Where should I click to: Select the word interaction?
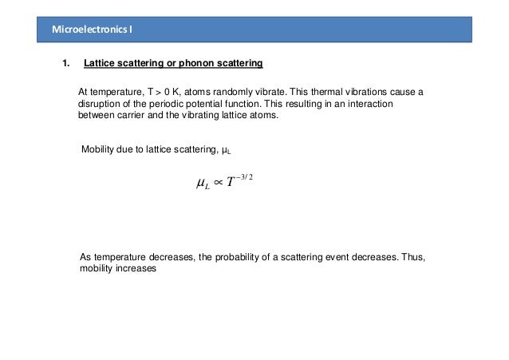pos(373,104)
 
